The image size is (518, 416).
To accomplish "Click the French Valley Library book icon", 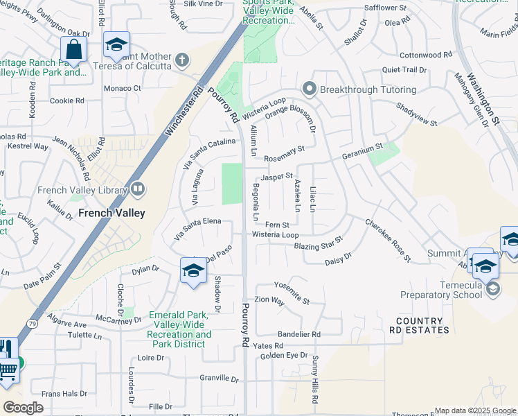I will tap(137, 189).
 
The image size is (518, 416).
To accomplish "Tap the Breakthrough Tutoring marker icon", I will tap(309, 89).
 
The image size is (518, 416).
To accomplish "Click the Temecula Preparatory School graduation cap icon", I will tap(492, 288).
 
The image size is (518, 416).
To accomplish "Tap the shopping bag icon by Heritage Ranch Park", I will tap(73, 50).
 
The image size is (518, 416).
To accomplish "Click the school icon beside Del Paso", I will tap(193, 271).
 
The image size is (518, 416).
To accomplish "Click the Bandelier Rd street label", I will tap(296, 334).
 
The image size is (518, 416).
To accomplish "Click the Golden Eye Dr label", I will tap(284, 356).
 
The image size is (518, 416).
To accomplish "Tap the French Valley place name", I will tap(111, 213).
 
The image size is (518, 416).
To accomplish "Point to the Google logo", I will tap(23, 408).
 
